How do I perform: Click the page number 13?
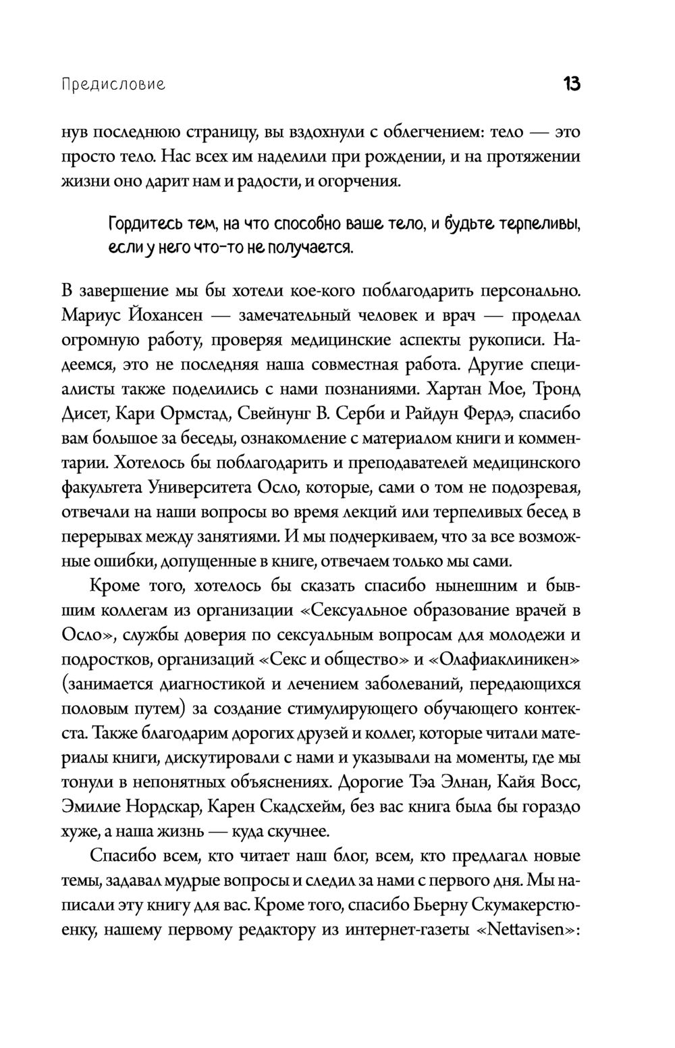pyautogui.click(x=570, y=85)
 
